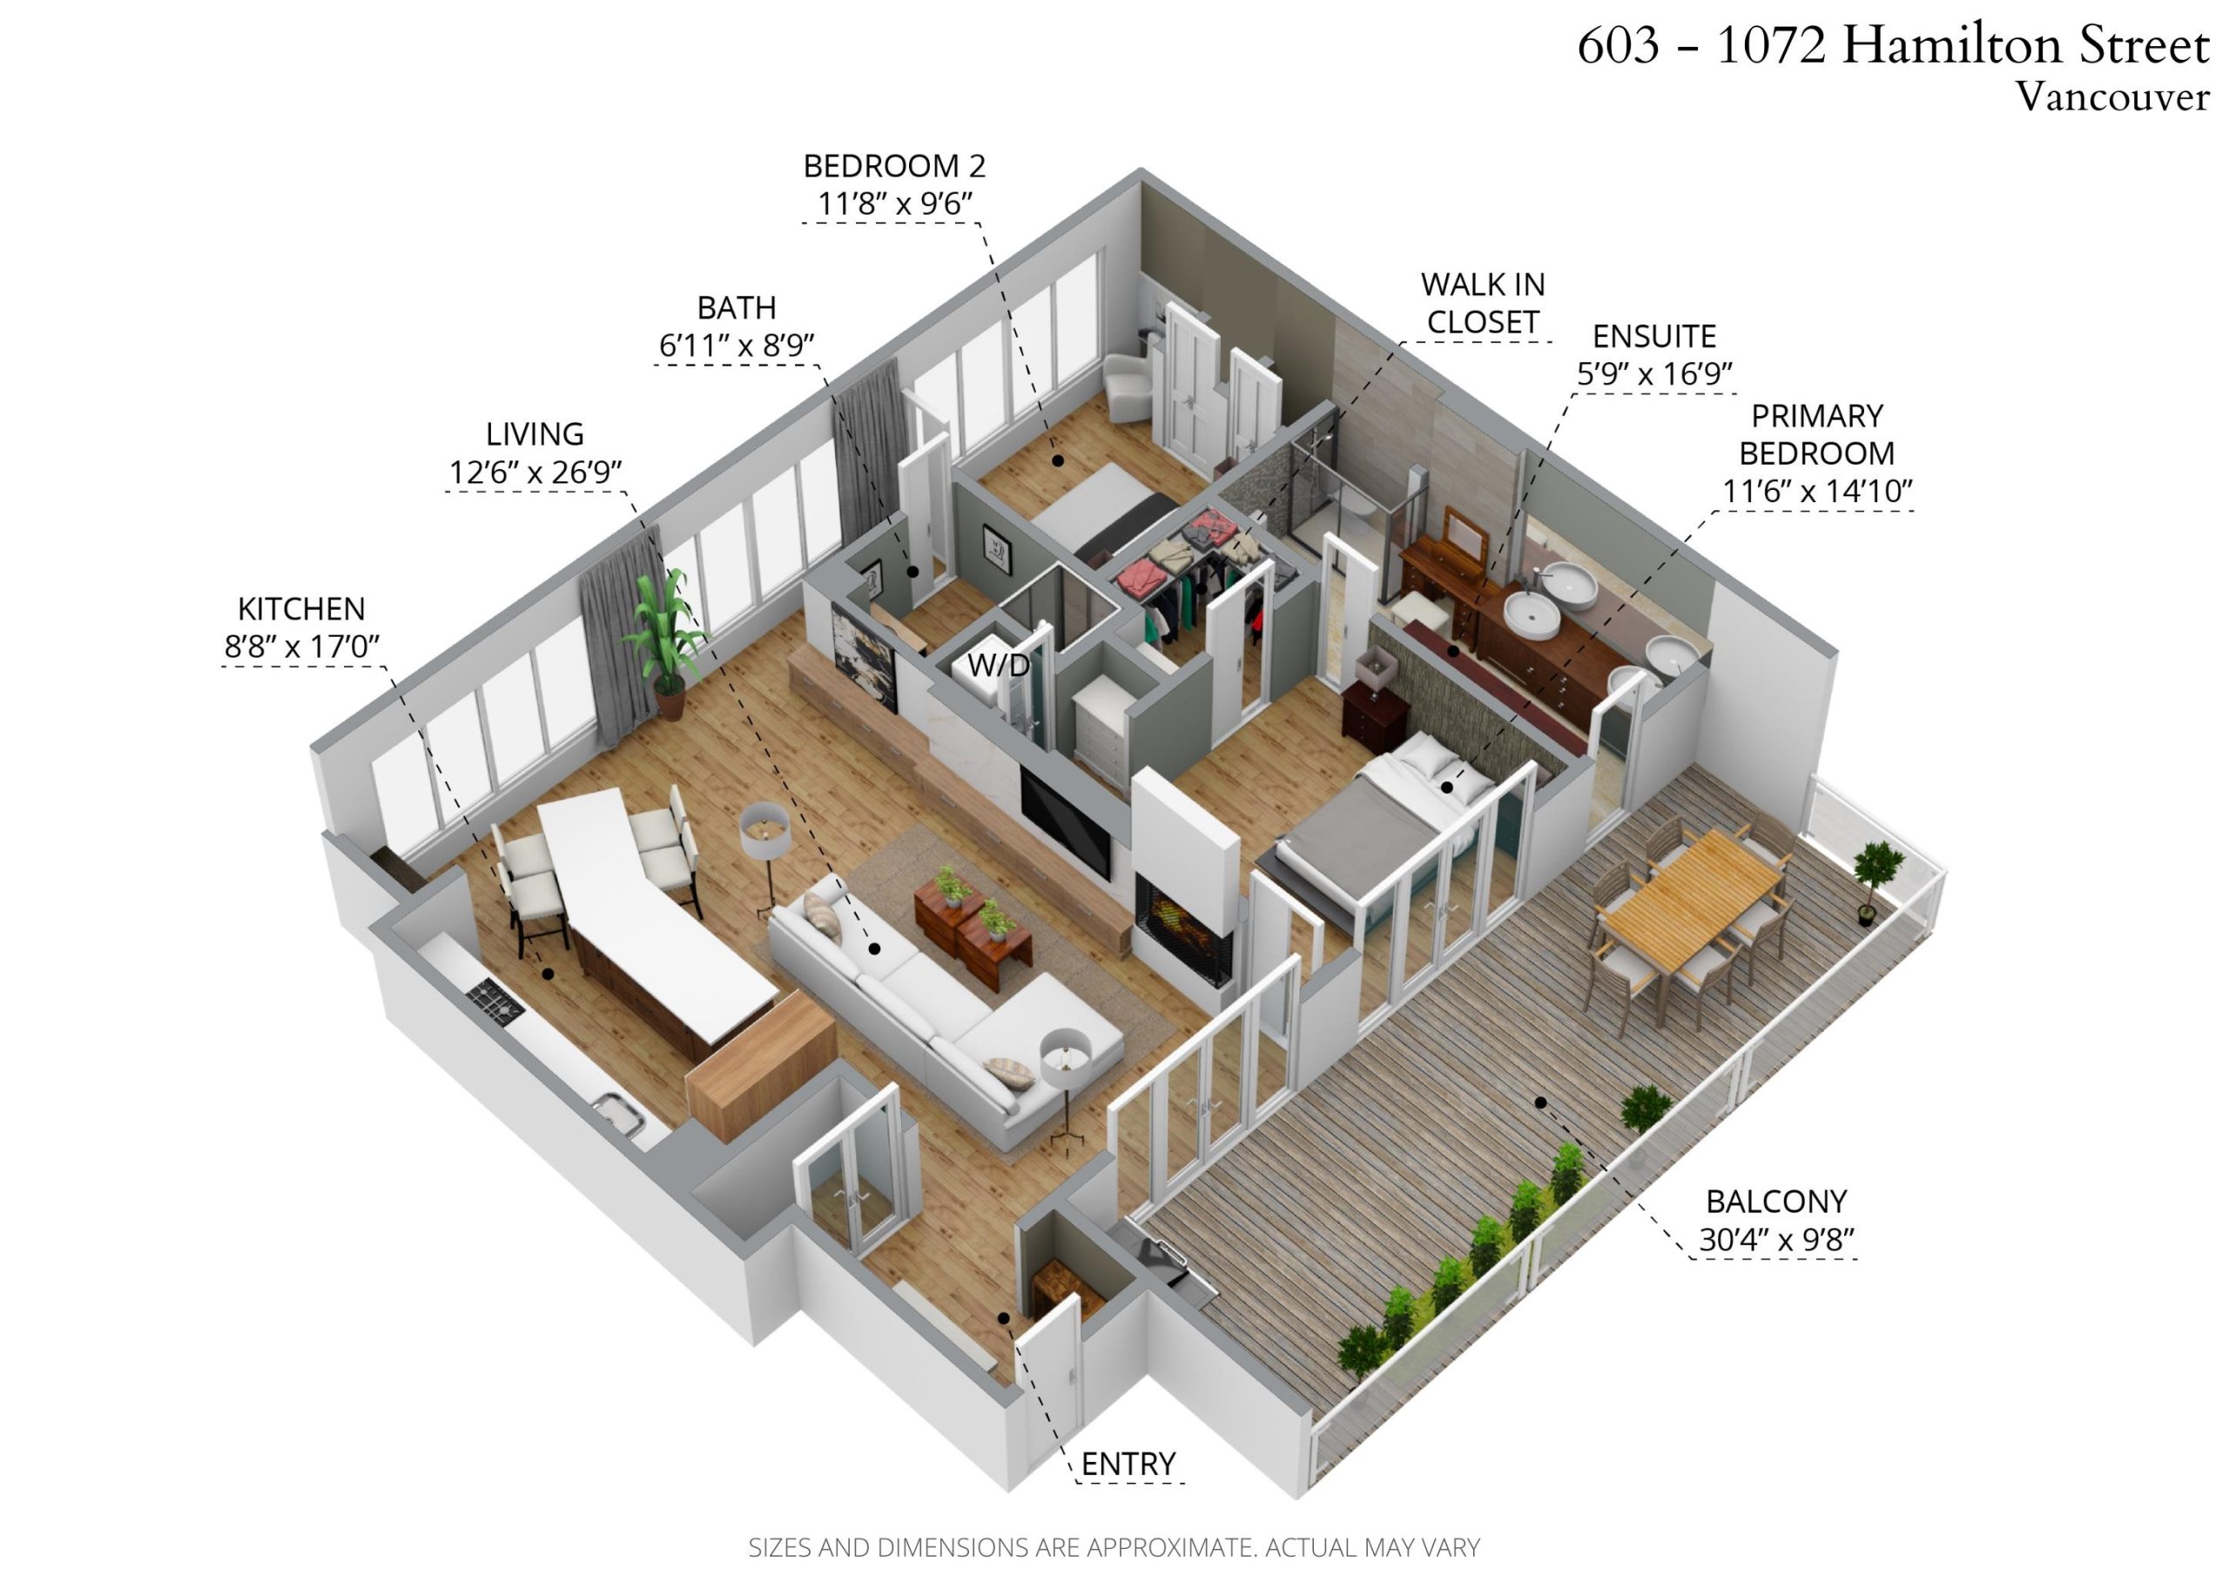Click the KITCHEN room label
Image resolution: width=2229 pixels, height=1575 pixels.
301,609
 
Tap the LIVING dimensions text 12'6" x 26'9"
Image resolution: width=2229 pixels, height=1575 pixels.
535,473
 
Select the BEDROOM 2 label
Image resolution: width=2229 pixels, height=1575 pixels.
894,167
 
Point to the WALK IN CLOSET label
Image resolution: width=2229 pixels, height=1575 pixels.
1483,303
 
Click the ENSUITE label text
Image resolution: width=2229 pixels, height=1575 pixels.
1654,337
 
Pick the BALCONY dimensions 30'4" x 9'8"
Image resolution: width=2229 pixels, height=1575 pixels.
1776,1240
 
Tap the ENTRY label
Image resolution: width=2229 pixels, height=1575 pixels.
1128,1464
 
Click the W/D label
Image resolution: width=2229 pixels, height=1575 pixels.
998,666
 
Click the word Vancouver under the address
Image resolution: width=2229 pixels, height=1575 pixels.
2111,97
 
